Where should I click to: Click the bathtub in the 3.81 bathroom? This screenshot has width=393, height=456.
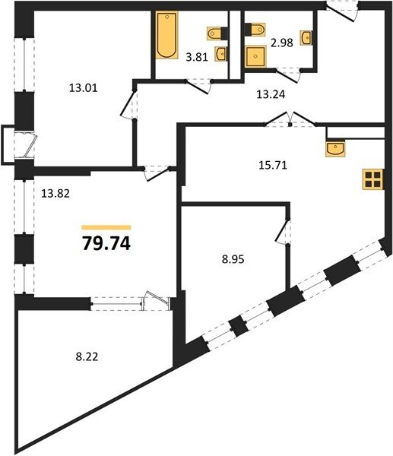166,35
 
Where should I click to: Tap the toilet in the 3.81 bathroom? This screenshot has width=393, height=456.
217,33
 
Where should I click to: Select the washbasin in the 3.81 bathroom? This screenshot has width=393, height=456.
221,54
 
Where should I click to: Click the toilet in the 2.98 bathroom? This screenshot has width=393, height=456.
255,30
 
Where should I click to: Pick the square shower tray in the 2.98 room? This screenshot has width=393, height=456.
255,56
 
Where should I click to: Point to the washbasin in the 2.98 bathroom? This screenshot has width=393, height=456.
306,37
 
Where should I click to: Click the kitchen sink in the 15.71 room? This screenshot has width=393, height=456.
335,149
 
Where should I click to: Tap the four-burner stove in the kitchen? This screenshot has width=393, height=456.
373,179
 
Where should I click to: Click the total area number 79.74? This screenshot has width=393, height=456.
106,243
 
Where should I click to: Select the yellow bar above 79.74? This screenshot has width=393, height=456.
106,227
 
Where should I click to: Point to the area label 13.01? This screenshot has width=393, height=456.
83,87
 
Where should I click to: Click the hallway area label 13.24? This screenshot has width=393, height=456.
271,94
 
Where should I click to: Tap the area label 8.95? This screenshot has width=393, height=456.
233,259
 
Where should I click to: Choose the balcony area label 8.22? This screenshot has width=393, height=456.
87,356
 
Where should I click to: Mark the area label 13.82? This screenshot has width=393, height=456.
55,193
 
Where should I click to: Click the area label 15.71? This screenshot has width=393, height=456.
273,165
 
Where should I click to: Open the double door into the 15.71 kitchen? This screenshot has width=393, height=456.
290,119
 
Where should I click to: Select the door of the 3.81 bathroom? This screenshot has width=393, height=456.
198,87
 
